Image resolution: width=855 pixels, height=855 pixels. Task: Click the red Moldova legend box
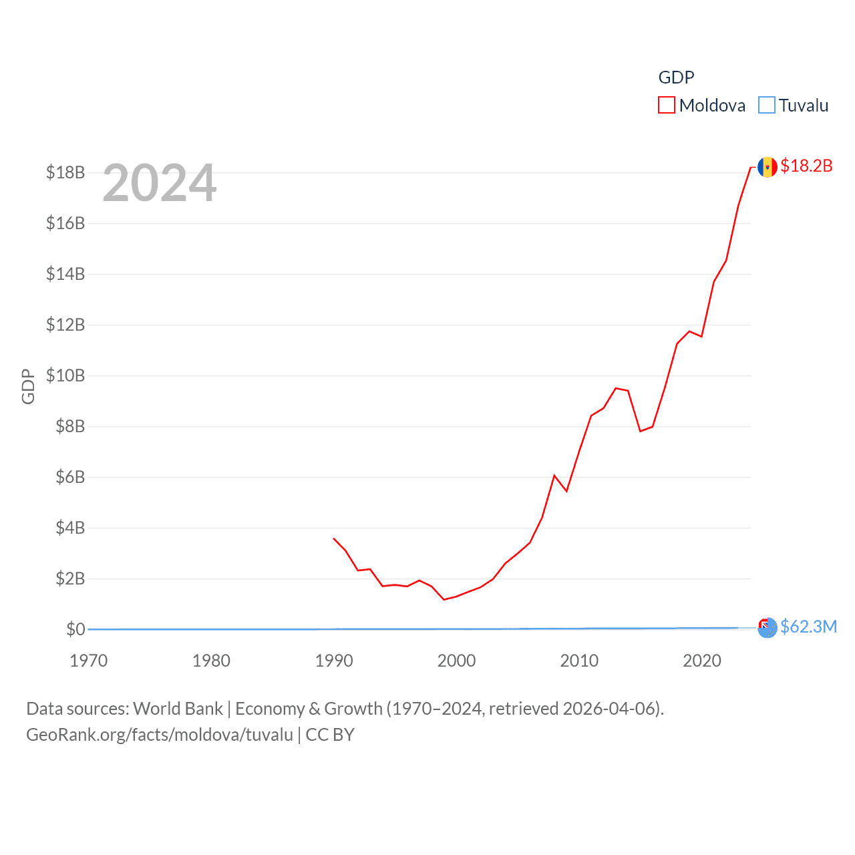click(667, 106)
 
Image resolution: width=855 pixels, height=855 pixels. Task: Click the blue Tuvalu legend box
click(767, 106)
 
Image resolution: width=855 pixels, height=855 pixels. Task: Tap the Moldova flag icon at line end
click(767, 166)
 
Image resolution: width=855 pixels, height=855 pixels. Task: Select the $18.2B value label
click(806, 166)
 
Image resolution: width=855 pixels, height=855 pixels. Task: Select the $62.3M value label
click(808, 627)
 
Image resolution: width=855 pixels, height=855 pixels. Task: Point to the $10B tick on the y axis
click(65, 375)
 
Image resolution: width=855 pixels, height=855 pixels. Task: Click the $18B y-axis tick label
click(65, 172)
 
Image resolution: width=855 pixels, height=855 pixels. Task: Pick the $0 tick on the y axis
click(75, 629)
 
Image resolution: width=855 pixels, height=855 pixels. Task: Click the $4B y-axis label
click(70, 528)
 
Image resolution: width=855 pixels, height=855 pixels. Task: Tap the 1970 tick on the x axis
click(89, 661)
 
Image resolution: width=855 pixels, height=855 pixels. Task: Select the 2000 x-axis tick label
click(457, 661)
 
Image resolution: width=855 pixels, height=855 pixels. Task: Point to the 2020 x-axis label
click(702, 661)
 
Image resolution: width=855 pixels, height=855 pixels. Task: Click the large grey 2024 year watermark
click(160, 183)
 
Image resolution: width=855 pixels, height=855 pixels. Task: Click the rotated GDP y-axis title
click(28, 386)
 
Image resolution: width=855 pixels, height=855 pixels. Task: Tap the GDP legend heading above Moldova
click(676, 77)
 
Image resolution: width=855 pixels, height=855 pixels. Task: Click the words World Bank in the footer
click(178, 709)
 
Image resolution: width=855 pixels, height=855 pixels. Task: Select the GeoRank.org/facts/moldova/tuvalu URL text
click(160, 735)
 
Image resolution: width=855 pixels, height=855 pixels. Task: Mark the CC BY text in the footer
click(330, 735)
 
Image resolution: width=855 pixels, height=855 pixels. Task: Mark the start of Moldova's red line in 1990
click(334, 538)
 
